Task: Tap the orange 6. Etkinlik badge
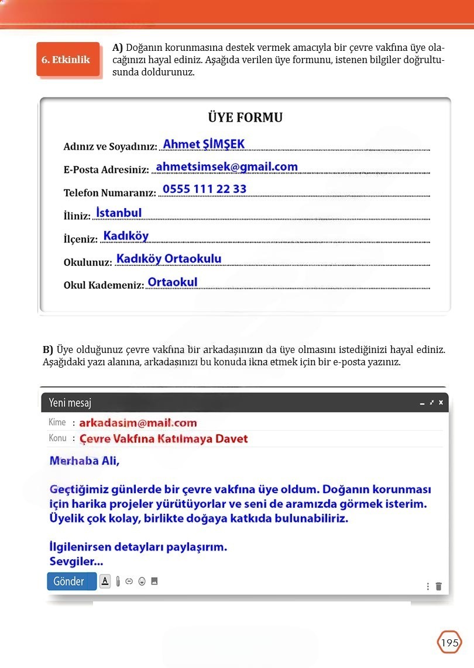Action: [66, 60]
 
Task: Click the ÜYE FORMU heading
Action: [245, 117]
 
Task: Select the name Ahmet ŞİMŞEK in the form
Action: [204, 144]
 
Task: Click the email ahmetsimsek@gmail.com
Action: [226, 167]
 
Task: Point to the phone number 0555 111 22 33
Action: [204, 189]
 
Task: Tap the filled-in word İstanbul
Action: [119, 213]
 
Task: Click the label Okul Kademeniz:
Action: [104, 285]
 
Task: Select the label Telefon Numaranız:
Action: [109, 193]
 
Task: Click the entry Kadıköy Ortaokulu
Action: [169, 258]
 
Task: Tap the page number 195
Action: [449, 643]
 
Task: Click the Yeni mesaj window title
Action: [70, 403]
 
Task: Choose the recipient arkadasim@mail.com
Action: [138, 423]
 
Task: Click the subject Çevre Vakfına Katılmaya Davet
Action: [163, 438]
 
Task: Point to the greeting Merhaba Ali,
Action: [84, 461]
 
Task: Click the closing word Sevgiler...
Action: [75, 562]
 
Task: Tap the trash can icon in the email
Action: [439, 586]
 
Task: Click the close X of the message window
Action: [441, 403]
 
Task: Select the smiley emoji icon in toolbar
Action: [142, 582]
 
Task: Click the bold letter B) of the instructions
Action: [48, 350]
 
